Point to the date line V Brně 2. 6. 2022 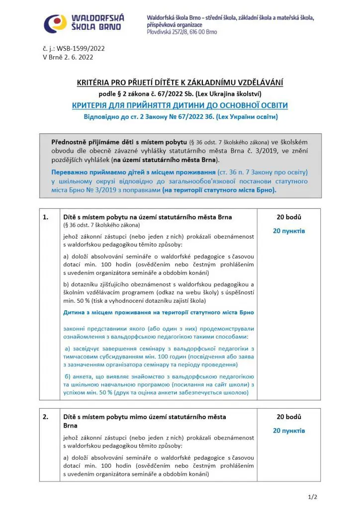pyautogui.click(x=68, y=57)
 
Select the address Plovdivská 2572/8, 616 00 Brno pyautogui.click(x=189, y=32)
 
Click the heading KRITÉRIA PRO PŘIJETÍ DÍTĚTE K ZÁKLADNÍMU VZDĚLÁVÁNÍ pyautogui.click(x=180, y=83)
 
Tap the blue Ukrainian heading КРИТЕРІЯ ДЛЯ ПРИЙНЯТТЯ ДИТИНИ pyautogui.click(x=180, y=105)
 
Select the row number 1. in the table pyautogui.click(x=46, y=217)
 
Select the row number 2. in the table pyautogui.click(x=46, y=417)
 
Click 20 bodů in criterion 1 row pyautogui.click(x=289, y=217)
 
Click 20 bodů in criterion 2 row pyautogui.click(x=289, y=417)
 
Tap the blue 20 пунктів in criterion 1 pyautogui.click(x=289, y=231)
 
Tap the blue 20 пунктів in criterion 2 pyautogui.click(x=289, y=430)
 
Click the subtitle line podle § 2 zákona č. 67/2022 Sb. pyautogui.click(x=180, y=94)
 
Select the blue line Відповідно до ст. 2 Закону pyautogui.click(x=180, y=117)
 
